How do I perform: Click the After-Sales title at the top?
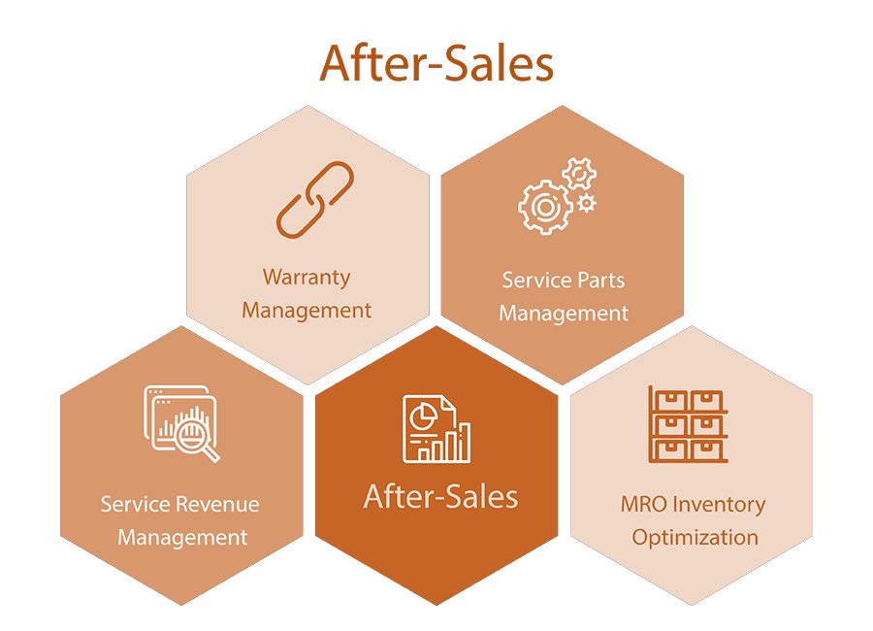436,63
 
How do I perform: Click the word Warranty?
307,278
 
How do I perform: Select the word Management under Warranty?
307,311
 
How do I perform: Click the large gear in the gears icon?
545,207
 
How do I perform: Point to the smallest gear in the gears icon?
586,203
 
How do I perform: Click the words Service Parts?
564,280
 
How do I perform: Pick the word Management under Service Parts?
564,314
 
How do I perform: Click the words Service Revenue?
179,504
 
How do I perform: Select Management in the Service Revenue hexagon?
182,538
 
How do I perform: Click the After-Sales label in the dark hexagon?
440,496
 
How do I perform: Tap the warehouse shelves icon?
688,424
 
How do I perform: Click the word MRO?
644,504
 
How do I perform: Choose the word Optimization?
695,538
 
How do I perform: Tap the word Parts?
600,280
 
